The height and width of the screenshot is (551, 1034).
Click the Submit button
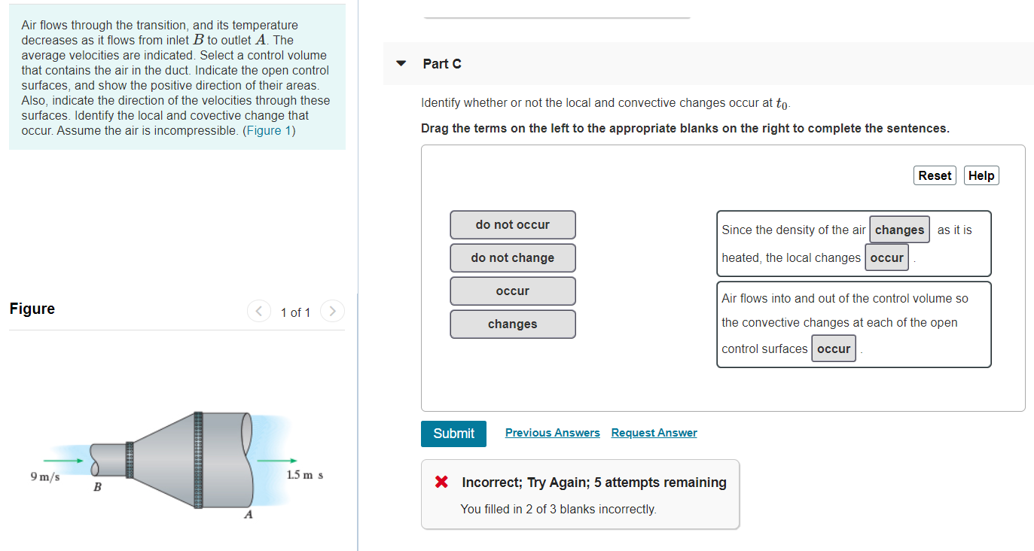[453, 434]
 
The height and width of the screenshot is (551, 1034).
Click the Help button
[981, 175]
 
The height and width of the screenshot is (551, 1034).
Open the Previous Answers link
[552, 433]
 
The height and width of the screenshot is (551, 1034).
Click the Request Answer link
[654, 433]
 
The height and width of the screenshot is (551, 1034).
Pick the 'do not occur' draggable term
[512, 225]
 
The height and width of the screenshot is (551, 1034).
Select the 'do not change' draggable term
[512, 258]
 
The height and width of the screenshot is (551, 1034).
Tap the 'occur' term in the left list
[512, 291]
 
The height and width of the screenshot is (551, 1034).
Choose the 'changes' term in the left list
[512, 324]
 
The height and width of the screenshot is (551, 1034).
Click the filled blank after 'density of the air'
[899, 230]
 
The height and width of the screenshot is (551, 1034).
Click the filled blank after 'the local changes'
[886, 258]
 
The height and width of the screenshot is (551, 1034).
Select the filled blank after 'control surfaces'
[833, 349]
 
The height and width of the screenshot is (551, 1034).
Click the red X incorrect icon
[442, 483]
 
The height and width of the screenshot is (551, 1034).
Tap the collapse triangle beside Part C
[401, 63]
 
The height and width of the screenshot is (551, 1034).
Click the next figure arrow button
[332, 311]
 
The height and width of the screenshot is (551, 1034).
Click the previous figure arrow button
[259, 311]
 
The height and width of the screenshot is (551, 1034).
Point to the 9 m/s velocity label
[45, 476]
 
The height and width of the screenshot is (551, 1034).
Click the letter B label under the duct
[97, 488]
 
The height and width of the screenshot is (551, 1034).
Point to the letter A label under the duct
[248, 516]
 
